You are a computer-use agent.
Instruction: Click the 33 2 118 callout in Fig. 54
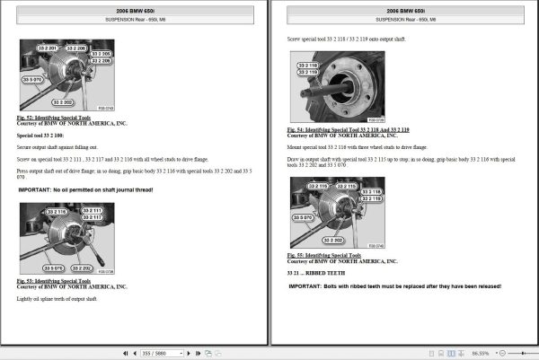[x=307, y=66]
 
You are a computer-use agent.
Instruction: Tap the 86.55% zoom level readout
[x=506, y=354]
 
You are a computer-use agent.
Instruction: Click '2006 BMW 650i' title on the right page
[x=404, y=10]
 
